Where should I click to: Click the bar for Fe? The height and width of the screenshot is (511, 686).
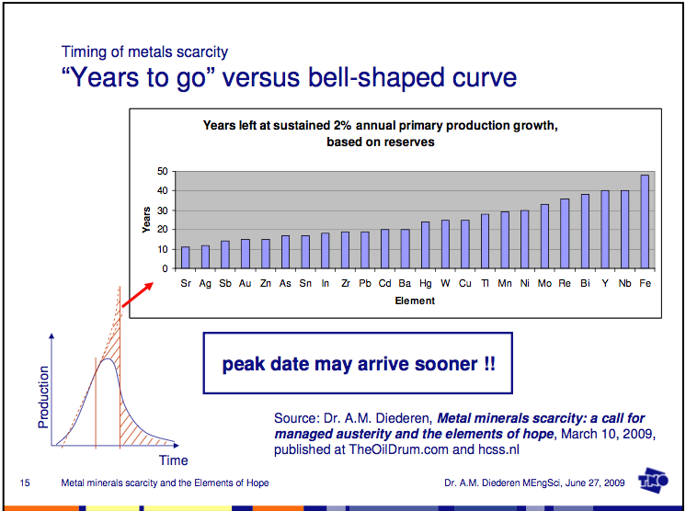(x=645, y=221)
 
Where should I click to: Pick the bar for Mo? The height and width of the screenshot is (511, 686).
(x=544, y=236)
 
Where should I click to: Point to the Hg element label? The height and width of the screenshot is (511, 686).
(x=425, y=283)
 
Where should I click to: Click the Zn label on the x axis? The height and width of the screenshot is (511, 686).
(x=265, y=283)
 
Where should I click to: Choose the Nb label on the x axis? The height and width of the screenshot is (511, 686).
(x=624, y=283)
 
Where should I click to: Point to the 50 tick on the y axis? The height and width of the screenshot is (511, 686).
(x=163, y=171)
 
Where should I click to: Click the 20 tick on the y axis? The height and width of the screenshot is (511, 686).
(x=163, y=230)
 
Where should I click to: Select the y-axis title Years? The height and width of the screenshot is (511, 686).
(x=146, y=219)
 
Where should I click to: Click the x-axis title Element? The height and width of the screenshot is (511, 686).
(x=414, y=301)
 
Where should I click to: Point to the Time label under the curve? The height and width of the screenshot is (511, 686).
(x=174, y=460)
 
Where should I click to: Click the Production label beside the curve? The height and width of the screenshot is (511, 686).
(x=43, y=397)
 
